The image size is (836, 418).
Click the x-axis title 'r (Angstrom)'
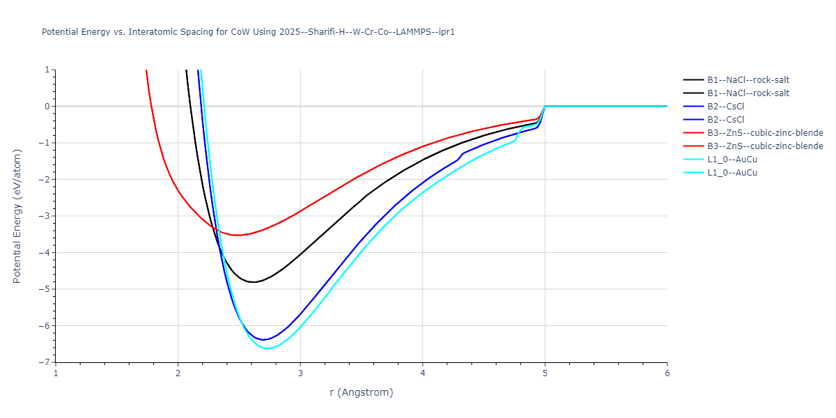point(361,392)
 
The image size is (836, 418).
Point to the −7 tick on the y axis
point(46,362)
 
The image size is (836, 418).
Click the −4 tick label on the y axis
point(46,253)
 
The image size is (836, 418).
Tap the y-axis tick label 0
point(48,107)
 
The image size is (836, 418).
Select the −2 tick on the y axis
point(46,180)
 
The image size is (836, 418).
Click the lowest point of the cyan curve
point(268,348)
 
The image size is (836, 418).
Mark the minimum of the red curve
point(239,235)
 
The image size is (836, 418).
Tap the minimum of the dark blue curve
point(264,340)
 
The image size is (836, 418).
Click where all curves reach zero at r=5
point(545,106)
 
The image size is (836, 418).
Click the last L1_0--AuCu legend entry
point(732,173)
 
